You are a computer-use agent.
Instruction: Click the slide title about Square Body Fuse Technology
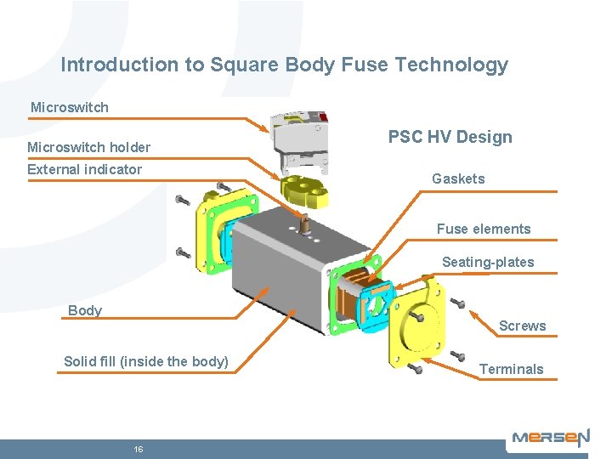[x=285, y=65]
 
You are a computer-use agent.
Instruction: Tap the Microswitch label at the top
[x=70, y=108]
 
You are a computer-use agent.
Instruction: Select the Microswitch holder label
[x=88, y=148]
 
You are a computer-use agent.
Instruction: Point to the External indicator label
[x=84, y=169]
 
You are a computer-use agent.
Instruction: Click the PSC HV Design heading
[x=450, y=138]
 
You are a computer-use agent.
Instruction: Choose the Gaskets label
[x=458, y=178]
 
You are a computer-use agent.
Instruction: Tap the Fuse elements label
[x=484, y=229]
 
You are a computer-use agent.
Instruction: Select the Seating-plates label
[x=488, y=262]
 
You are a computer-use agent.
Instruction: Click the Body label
[x=85, y=310]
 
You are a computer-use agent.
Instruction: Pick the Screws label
[x=523, y=326]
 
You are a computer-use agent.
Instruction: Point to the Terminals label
[x=512, y=369]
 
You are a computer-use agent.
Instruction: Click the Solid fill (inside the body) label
[x=146, y=361]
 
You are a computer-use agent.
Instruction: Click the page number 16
[x=138, y=449]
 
